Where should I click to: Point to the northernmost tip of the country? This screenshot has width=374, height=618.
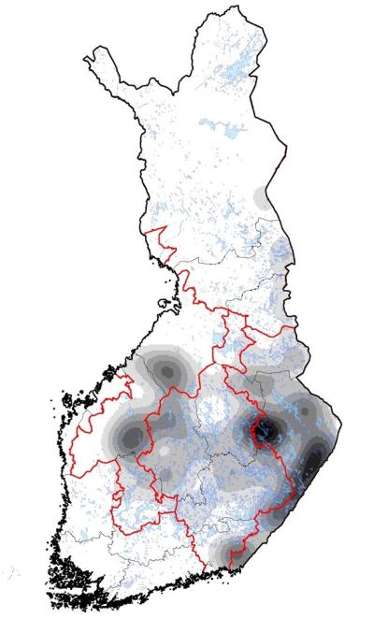[205, 11]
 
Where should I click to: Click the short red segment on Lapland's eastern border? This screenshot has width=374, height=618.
[282, 149]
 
